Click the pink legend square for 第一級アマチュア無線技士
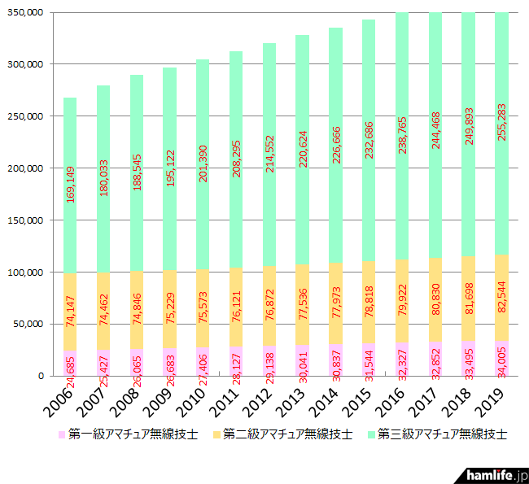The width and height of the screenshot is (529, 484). click(x=62, y=435)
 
